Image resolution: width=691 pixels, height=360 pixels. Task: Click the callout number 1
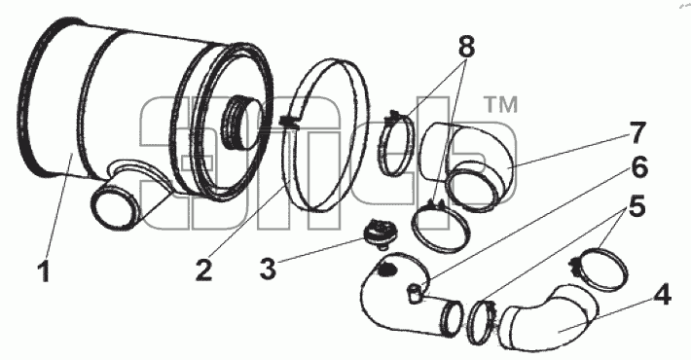[44, 271]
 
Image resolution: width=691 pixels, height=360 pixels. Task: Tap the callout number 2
[203, 269]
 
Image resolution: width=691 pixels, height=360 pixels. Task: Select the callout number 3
[268, 268]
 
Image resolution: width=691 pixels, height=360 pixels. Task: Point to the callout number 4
[661, 295]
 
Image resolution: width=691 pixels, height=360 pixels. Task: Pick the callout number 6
[639, 168]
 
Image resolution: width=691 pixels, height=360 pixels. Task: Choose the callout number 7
[637, 133]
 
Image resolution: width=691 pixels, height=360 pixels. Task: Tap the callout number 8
[467, 47]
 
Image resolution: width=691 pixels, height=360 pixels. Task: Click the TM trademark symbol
[501, 104]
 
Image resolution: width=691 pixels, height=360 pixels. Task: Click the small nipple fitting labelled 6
[416, 294]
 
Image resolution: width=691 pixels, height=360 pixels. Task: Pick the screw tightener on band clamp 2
[289, 122]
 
